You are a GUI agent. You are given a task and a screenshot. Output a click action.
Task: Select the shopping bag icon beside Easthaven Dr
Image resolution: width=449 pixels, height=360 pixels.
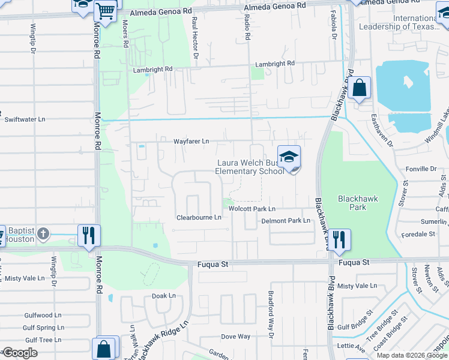(359, 89)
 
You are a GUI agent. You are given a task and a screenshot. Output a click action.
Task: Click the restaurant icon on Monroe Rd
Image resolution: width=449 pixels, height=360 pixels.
(89, 235)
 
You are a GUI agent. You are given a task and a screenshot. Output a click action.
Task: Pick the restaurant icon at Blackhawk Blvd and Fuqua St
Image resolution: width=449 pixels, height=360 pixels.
(340, 239)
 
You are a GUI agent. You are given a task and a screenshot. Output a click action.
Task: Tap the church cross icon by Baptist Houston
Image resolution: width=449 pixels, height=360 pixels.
(43, 233)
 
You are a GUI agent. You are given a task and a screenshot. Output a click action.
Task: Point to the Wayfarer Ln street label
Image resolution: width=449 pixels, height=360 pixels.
(191, 142)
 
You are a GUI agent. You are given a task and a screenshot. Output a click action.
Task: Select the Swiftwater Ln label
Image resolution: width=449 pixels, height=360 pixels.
(25, 119)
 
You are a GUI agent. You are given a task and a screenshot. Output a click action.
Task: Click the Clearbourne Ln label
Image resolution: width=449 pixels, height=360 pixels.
(199, 218)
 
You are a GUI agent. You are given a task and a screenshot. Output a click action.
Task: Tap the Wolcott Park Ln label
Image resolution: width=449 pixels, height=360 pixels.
(252, 209)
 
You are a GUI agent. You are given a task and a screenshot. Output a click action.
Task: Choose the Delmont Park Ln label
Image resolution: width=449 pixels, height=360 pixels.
(285, 221)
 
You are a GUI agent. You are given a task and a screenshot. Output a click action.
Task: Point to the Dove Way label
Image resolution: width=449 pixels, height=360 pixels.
(236, 337)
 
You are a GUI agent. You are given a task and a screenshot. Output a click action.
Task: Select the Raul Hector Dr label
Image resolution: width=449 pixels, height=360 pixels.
(195, 37)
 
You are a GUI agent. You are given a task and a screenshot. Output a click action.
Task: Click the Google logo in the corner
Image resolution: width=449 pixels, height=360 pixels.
(20, 353)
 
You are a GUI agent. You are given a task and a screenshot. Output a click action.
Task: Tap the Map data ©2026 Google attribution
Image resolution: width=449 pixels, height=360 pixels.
(411, 355)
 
